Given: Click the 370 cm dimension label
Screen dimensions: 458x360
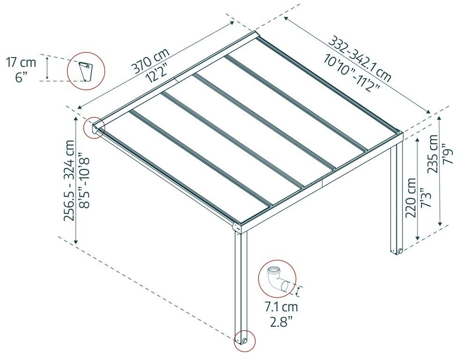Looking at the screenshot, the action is click(x=151, y=60).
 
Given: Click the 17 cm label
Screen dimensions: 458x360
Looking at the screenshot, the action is click(x=21, y=63).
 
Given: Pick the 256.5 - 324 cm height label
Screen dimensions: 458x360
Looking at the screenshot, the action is click(x=70, y=180).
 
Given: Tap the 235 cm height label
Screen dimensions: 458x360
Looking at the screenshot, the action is click(x=433, y=154).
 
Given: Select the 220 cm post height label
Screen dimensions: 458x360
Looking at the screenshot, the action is click(x=411, y=197).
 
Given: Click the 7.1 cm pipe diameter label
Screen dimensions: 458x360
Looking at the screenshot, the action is click(x=281, y=307).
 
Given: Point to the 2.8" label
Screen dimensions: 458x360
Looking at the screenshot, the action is click(x=281, y=323).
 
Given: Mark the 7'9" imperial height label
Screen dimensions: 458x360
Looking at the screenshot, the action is click(x=449, y=154).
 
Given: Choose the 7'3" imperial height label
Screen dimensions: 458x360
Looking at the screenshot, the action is click(x=426, y=197).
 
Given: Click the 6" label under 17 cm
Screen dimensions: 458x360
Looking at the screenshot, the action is click(x=21, y=78).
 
